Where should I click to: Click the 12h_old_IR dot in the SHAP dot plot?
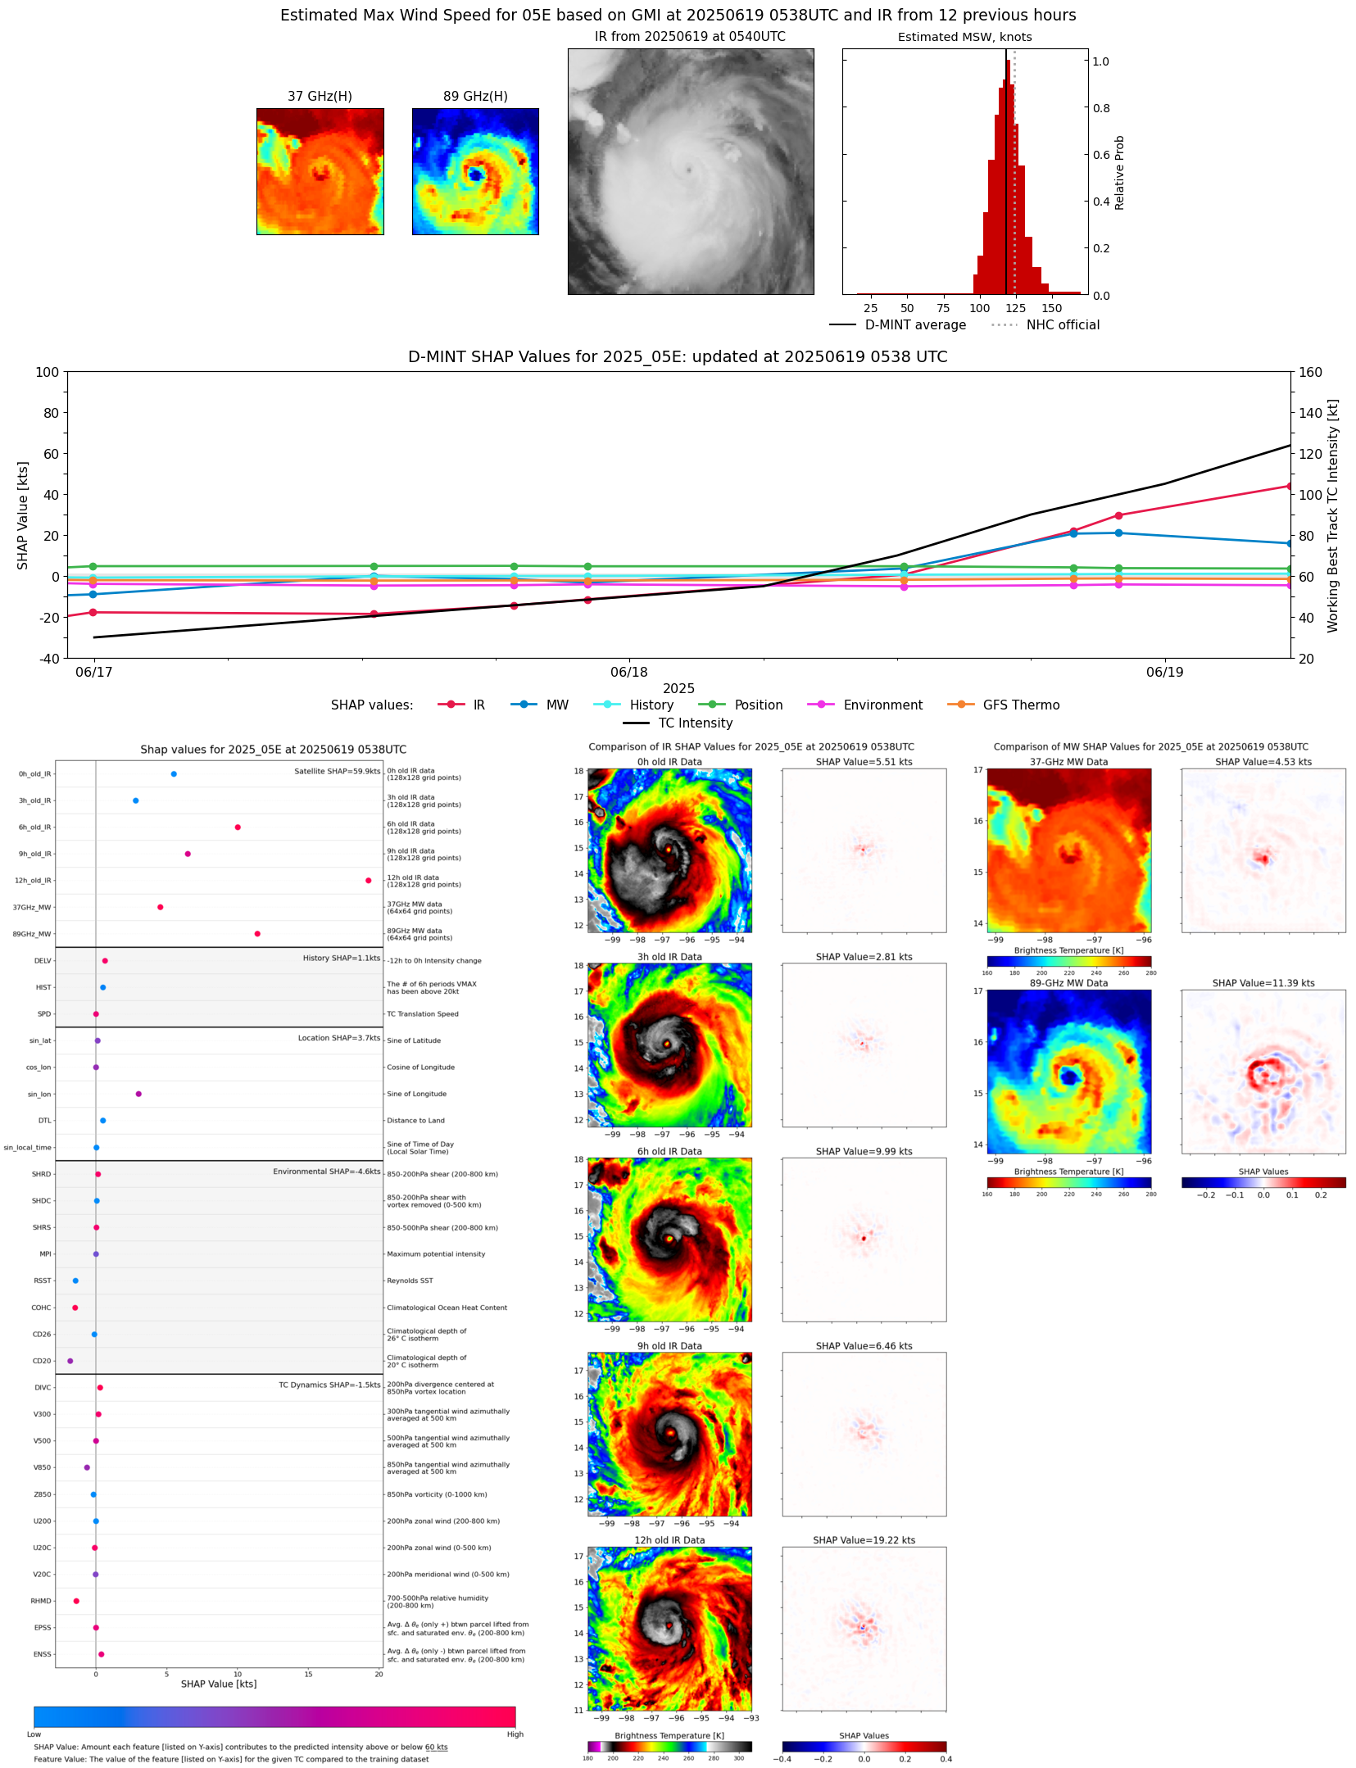click(x=368, y=881)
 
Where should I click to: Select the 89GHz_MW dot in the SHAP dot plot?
click(x=257, y=934)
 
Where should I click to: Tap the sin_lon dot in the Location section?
click(x=138, y=1094)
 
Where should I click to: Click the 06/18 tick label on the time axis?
click(x=629, y=673)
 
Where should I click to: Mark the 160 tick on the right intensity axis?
click(x=1310, y=372)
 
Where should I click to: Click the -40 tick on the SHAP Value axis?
click(x=48, y=659)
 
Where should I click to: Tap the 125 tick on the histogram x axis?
click(x=1015, y=309)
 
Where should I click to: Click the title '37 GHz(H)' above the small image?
click(x=320, y=97)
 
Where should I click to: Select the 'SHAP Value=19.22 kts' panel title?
click(x=864, y=1540)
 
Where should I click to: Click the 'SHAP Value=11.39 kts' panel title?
click(x=1263, y=983)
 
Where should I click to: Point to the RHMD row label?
click(x=41, y=1601)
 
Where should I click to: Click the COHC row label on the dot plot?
click(x=41, y=1308)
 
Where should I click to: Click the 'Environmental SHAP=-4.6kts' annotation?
click(x=326, y=1172)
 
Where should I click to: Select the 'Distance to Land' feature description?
click(x=415, y=1121)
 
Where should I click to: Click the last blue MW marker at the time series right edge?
click(x=1289, y=543)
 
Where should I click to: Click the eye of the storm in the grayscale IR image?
click(x=689, y=170)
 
